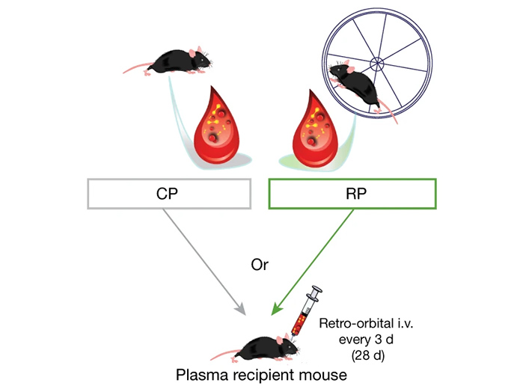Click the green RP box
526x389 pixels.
point(352,193)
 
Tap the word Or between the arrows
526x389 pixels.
point(262,266)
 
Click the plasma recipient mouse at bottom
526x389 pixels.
point(262,348)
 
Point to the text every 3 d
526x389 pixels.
point(355,339)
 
